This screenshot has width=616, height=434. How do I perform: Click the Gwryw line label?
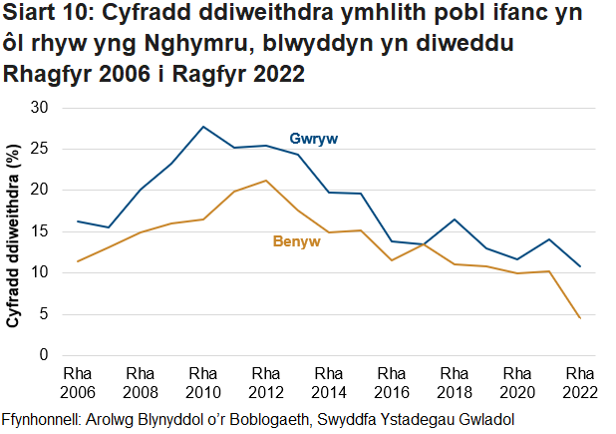point(313,138)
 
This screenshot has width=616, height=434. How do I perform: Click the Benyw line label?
point(296,241)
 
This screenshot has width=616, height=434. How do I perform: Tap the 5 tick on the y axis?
point(43,314)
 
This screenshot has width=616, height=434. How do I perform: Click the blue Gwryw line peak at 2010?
point(203,127)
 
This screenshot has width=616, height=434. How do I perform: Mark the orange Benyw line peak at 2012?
point(266,181)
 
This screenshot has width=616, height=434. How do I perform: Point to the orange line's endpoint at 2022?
point(580,318)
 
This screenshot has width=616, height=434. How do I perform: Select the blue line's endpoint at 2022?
point(580,266)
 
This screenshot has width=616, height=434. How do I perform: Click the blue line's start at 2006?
point(78,221)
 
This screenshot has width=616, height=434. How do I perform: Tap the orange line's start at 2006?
point(78,261)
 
